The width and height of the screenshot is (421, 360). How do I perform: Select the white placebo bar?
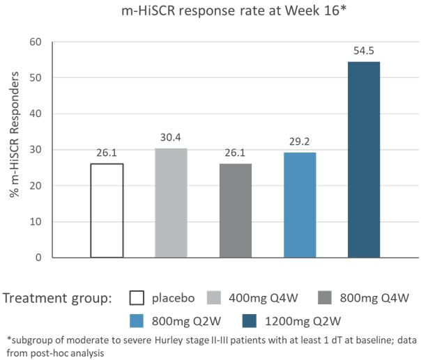point(107,210)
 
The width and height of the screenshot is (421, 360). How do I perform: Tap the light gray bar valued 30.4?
point(171,203)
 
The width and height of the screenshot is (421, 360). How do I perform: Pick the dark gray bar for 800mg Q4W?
point(236,210)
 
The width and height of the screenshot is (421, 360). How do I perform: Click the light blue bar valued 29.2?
point(300,205)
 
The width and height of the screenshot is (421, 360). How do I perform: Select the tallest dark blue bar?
point(364,159)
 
